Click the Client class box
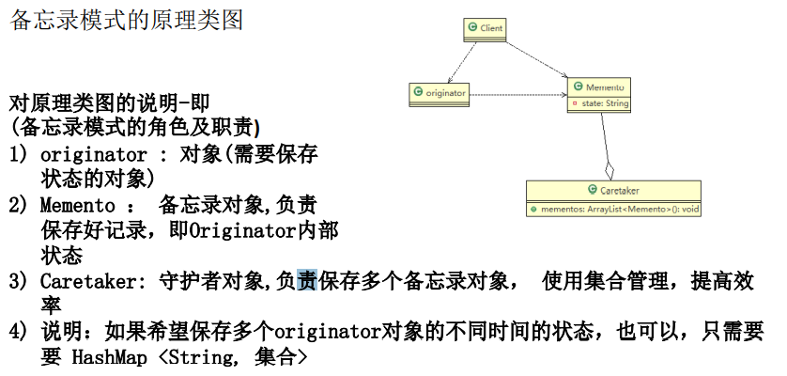pyautogui.click(x=485, y=29)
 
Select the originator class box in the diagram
pyautogui.click(x=440, y=93)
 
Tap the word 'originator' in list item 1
pyautogui.click(x=94, y=154)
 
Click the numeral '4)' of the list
pyautogui.click(x=19, y=332)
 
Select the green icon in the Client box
pyautogui.click(x=472, y=29)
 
